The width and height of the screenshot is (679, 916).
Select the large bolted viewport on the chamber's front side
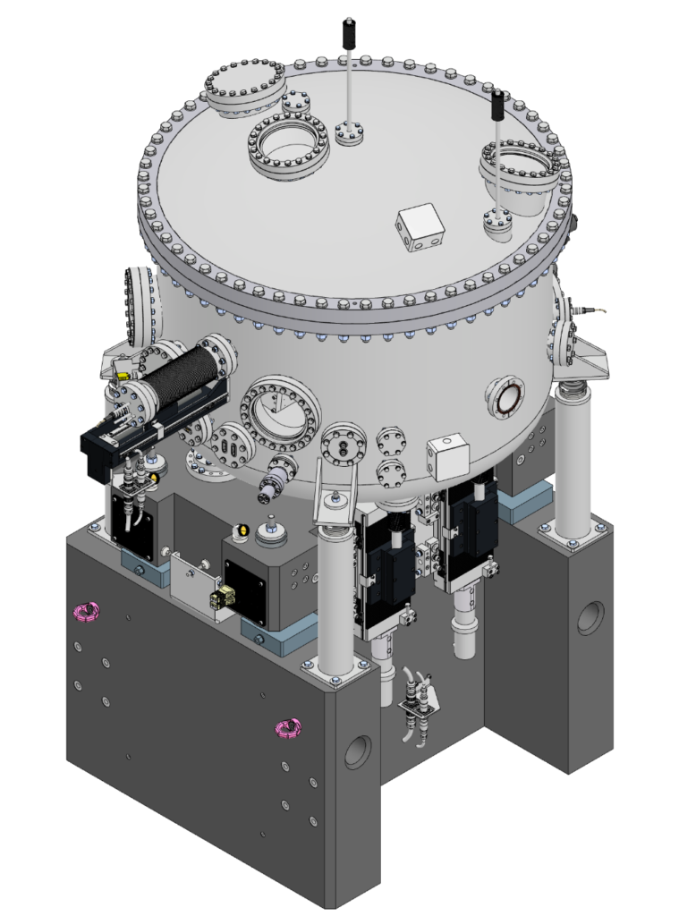coord(277,412)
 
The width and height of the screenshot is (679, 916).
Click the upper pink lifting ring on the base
coord(85,612)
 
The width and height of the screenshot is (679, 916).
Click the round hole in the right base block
coord(590,618)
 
